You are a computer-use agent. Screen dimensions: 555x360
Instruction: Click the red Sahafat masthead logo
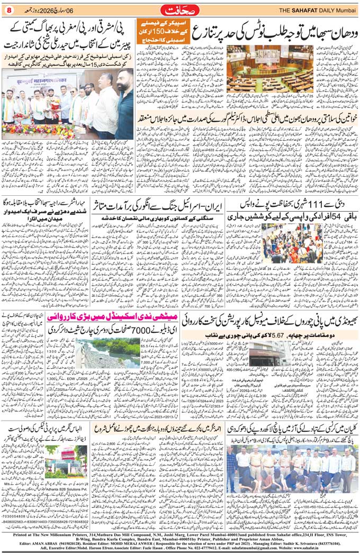tap(179, 9)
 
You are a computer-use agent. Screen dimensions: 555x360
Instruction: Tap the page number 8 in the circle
tap(8, 10)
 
